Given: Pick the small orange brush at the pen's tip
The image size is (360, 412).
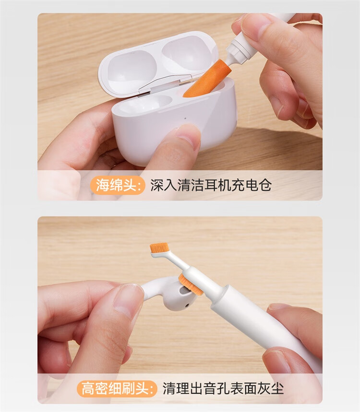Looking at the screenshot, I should [159, 247].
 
